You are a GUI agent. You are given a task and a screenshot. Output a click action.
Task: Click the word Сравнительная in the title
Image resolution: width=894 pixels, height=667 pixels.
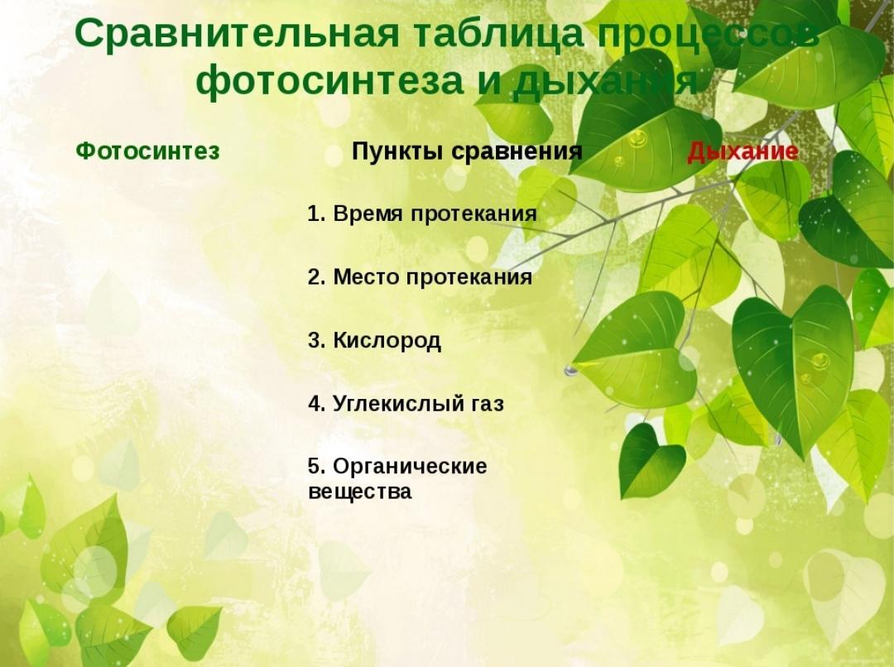(x=237, y=33)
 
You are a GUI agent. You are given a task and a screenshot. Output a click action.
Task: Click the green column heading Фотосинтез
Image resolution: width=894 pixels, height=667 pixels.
(x=147, y=151)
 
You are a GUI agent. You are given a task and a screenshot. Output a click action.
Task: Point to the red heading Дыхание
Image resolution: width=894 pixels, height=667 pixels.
(x=743, y=151)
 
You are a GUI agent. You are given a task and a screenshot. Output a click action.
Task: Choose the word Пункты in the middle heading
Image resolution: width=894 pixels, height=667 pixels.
(x=398, y=151)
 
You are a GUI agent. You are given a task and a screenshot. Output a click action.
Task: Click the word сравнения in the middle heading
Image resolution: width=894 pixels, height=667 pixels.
(x=517, y=152)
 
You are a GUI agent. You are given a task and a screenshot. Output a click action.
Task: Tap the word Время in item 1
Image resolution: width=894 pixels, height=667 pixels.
(x=368, y=214)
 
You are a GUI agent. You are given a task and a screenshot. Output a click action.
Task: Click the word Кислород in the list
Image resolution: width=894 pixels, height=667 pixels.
(x=387, y=340)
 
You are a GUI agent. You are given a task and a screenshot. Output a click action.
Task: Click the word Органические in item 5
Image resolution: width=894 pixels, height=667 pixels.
(x=410, y=467)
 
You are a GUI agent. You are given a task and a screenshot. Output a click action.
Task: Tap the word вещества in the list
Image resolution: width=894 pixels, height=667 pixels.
(x=359, y=492)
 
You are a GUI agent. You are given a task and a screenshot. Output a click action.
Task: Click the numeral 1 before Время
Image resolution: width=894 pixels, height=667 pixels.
(x=313, y=214)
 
